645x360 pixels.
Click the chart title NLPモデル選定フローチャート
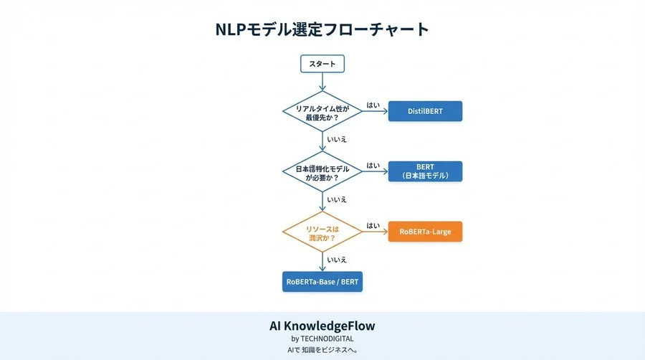322,29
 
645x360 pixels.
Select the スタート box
322,64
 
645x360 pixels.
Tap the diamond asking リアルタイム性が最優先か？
322,111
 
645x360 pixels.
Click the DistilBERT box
425,111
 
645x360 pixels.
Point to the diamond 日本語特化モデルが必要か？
322,172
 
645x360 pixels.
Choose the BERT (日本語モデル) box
425,171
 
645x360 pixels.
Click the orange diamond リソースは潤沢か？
322,232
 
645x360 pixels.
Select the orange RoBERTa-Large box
425,232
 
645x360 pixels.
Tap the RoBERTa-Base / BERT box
322,282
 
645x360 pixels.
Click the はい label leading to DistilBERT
373,105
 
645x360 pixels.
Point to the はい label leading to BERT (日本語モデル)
373,166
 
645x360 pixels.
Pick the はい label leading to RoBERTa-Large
373,225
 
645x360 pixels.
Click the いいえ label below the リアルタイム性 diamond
337,139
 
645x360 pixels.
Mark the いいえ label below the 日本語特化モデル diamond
337,199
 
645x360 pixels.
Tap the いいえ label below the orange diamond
337,260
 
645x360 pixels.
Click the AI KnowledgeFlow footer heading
322,326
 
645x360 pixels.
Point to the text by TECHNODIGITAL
322,338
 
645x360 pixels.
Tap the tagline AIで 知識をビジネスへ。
322,350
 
